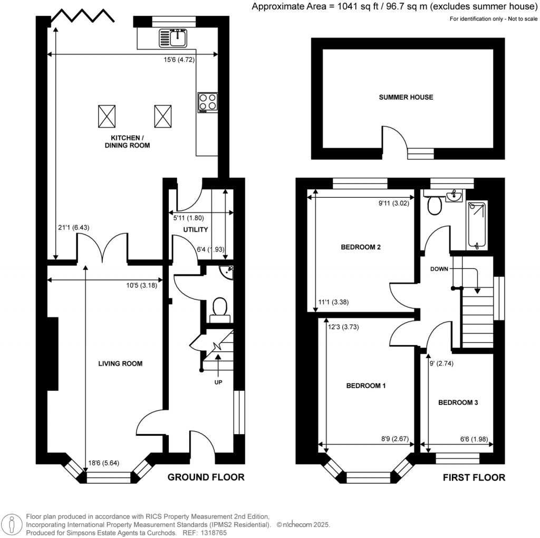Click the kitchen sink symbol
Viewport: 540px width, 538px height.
[173, 37]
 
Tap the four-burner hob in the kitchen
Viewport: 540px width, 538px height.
[207, 102]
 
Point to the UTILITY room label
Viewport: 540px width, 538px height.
[196, 229]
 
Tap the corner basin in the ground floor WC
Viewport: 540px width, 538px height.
[227, 273]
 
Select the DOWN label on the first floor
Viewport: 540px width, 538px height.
[439, 268]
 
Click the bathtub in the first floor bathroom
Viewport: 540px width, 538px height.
[478, 224]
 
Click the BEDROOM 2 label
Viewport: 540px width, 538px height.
[361, 247]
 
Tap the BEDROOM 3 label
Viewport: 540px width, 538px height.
[458, 402]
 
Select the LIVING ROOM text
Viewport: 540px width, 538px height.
[120, 363]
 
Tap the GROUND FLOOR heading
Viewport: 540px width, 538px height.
[206, 477]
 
